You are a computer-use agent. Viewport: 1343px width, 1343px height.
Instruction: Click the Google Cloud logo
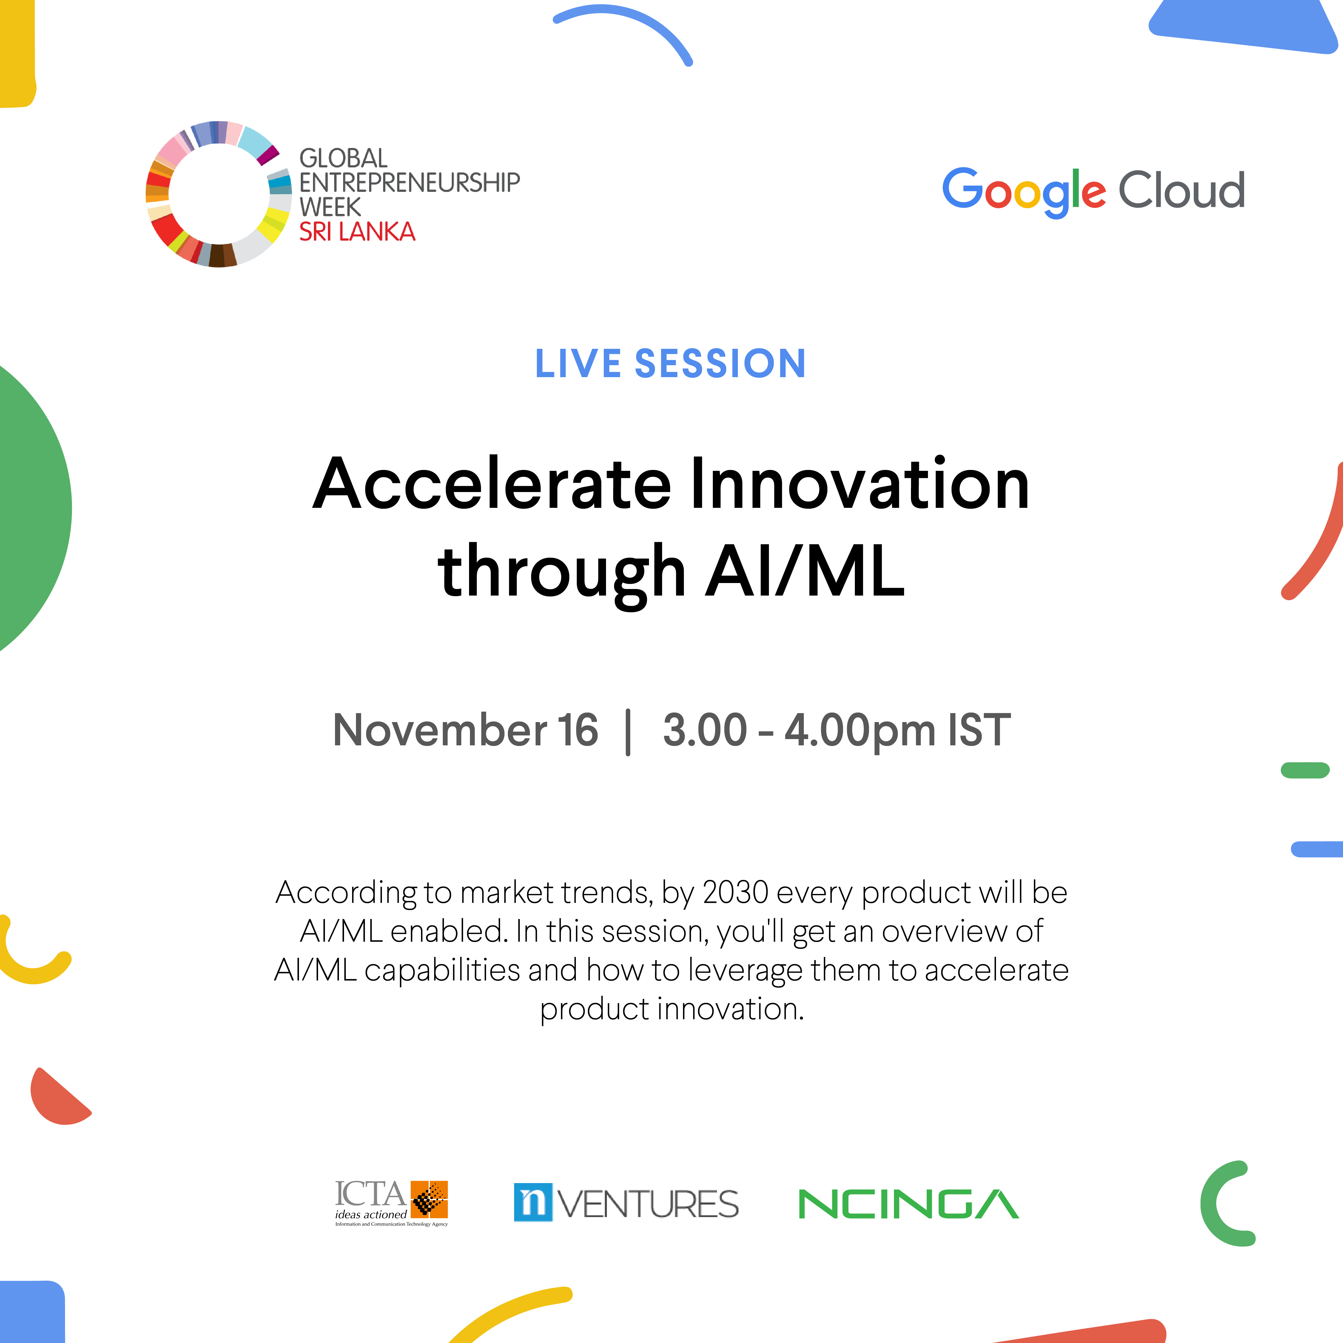coord(1093,191)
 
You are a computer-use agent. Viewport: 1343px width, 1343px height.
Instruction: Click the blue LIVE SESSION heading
coord(670,363)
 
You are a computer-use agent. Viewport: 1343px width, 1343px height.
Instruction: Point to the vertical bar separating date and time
coord(628,732)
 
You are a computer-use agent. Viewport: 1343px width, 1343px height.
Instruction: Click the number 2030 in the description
coord(736,892)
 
